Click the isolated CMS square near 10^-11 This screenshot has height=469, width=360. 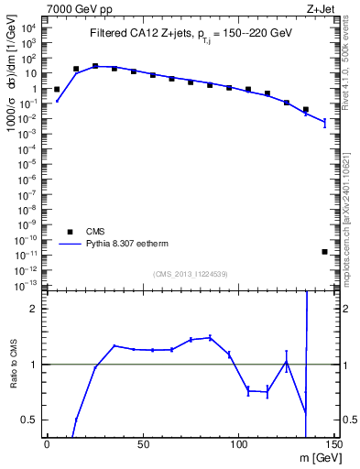pos(325,251)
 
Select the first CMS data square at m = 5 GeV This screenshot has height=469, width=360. pos(57,90)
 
